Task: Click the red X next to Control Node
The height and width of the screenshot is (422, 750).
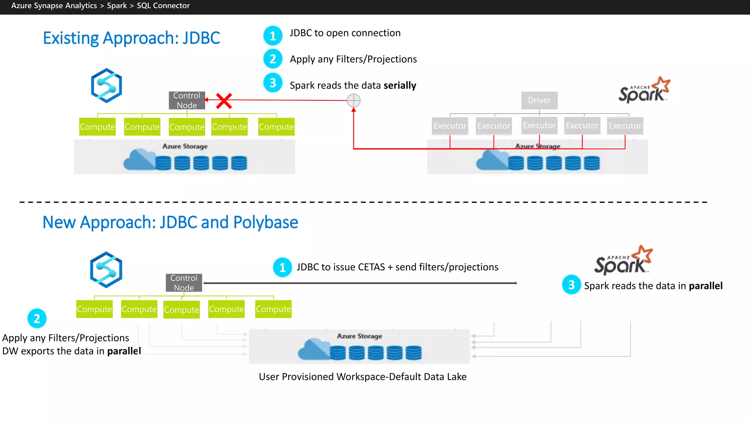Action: coord(224,101)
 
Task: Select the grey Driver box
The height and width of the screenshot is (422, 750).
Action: coord(539,100)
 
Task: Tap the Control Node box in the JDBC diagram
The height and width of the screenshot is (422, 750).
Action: coord(187,100)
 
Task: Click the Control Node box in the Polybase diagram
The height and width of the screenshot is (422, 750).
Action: coord(184,283)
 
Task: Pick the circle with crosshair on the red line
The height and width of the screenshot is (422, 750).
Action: coord(353,100)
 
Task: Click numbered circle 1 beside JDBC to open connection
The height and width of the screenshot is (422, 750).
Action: coord(273,36)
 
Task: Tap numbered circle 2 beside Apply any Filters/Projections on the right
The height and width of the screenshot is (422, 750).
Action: coord(273,59)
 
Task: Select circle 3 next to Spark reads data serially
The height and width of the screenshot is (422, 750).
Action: coord(273,83)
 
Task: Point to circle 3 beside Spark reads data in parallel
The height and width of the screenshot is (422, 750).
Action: coord(571,285)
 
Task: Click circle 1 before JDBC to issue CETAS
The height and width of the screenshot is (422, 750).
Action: coord(282,267)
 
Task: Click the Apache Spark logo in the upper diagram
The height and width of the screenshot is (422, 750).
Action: coord(644,90)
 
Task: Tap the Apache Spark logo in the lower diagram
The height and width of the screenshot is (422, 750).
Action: coord(623,260)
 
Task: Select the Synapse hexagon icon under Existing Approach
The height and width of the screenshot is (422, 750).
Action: coord(106,86)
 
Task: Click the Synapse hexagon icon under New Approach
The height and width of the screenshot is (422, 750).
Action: coord(106,270)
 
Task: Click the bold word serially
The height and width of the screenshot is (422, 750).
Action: coord(400,85)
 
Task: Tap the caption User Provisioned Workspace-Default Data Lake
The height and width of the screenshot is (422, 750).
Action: coord(363,377)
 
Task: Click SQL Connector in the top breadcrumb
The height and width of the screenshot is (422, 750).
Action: coord(163,5)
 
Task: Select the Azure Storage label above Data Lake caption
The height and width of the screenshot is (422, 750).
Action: coord(359,336)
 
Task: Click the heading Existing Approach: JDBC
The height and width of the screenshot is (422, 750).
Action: coord(131,38)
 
